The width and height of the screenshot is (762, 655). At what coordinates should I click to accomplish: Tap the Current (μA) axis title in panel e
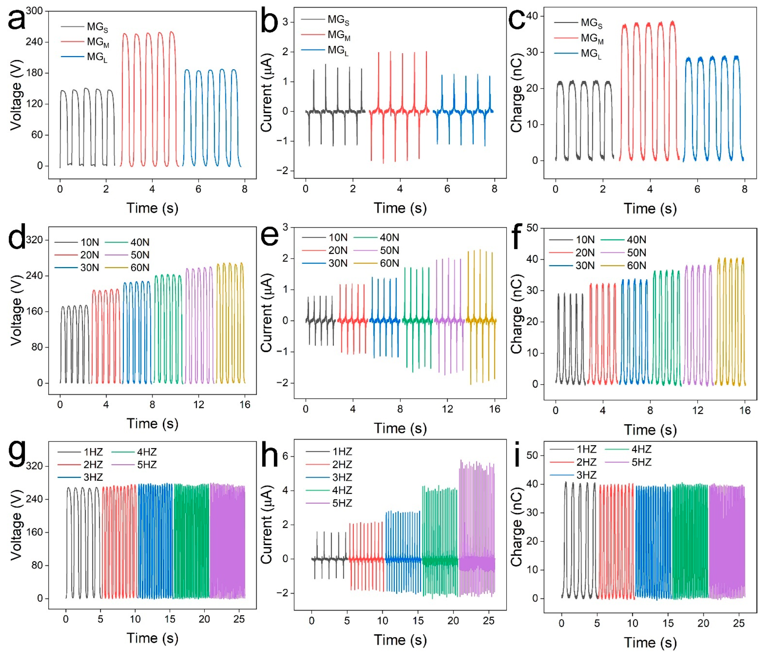point(266,313)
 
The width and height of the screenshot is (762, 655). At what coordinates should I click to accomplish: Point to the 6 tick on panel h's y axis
point(285,456)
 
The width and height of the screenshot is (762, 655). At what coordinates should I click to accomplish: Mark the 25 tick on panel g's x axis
point(239,619)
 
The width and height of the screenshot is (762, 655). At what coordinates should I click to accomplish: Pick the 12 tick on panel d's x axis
point(199,404)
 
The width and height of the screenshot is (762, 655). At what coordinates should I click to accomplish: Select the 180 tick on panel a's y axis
point(35,73)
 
